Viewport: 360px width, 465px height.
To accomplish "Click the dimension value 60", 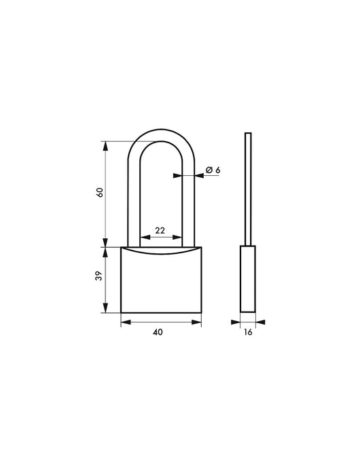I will click(x=99, y=192).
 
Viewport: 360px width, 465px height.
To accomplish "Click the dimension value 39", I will click(x=99, y=278).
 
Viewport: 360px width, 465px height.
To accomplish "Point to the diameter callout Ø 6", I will click(x=212, y=170).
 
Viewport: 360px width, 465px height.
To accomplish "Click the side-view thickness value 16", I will click(x=248, y=333).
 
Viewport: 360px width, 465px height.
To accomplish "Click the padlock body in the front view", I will click(x=161, y=282).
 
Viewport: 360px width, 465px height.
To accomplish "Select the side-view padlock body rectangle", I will click(x=248, y=280).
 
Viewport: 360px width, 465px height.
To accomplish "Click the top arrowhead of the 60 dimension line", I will click(x=105, y=144).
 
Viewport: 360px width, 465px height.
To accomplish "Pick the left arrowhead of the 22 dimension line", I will click(x=142, y=237).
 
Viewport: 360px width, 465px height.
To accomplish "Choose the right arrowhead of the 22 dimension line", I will click(x=181, y=237).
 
